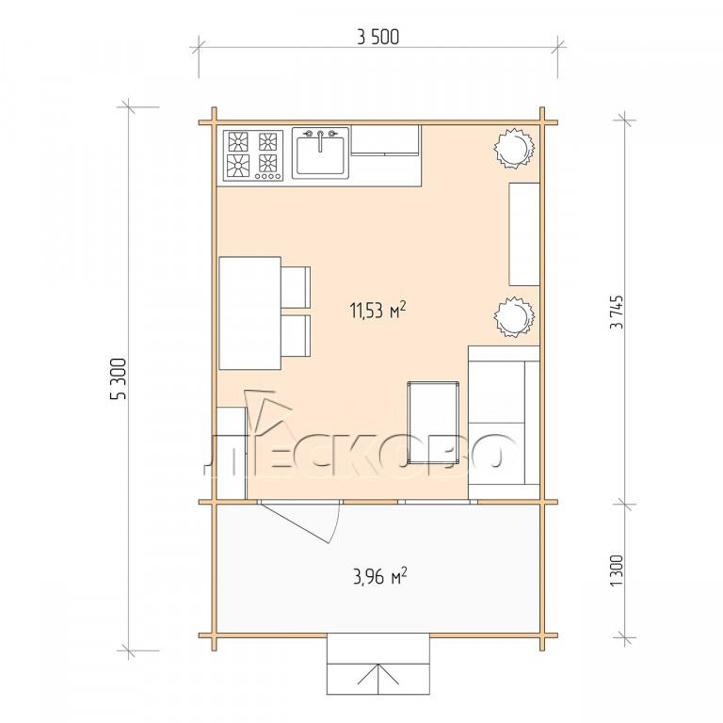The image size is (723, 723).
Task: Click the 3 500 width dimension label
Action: tap(378, 38)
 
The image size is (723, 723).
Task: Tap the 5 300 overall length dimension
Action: tap(118, 378)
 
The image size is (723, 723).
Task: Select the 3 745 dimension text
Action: tap(617, 313)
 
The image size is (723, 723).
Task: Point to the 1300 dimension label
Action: tap(617, 570)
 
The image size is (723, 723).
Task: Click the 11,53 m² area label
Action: tap(378, 310)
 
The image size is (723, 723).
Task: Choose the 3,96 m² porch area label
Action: tap(380, 575)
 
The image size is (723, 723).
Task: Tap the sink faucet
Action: tap(320, 139)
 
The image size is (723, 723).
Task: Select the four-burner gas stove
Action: tap(253, 156)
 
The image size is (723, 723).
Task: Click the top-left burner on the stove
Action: tap(238, 142)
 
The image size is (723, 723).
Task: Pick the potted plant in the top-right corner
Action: tap(514, 148)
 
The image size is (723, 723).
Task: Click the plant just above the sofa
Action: tap(514, 316)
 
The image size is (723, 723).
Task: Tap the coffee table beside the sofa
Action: tap(433, 422)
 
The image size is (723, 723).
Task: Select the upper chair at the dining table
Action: tap(296, 287)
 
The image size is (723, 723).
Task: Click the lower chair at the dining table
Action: tap(296, 336)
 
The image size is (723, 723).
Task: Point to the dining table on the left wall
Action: tap(249, 313)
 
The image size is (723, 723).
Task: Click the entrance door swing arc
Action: tap(336, 524)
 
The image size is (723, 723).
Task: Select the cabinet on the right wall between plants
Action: tap(524, 234)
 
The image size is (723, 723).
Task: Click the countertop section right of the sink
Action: tap(385, 140)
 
